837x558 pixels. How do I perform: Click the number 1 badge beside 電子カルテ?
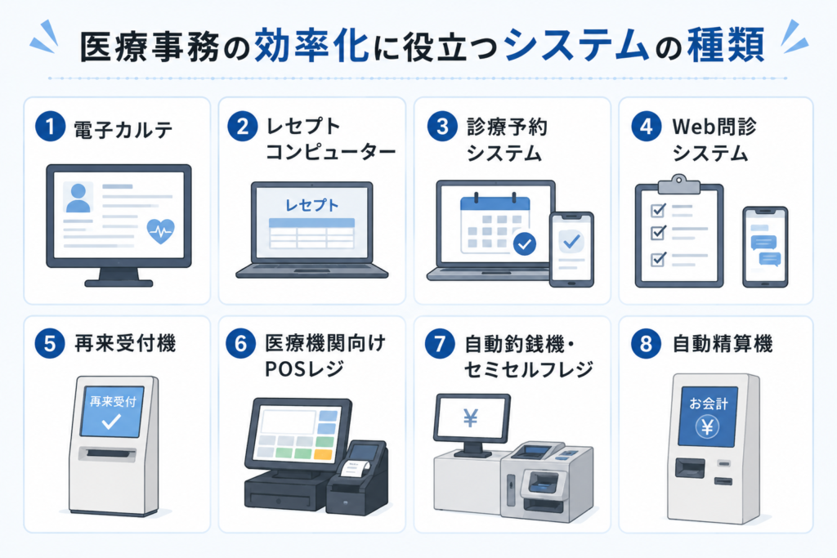click(x=50, y=127)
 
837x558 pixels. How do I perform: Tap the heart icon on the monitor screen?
click(x=161, y=231)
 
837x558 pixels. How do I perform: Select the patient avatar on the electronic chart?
click(x=78, y=198)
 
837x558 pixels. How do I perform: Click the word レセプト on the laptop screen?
click(x=311, y=205)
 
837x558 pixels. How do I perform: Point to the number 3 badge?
click(x=442, y=127)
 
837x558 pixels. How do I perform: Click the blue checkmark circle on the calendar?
click(x=525, y=243)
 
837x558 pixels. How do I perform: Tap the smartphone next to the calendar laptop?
click(x=571, y=250)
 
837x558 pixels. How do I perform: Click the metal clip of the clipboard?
click(x=678, y=184)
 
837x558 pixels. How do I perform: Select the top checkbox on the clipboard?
click(x=658, y=210)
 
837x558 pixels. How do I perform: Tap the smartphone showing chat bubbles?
click(x=765, y=247)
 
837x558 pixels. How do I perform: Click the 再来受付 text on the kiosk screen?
click(x=113, y=401)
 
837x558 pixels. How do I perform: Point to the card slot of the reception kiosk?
click(x=107, y=454)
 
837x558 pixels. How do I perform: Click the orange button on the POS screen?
click(x=322, y=454)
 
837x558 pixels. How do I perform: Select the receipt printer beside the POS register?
click(x=358, y=476)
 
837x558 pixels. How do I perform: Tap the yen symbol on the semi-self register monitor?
click(x=470, y=418)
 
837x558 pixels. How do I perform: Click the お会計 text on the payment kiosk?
click(x=708, y=404)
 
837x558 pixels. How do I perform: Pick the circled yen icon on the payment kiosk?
click(x=707, y=426)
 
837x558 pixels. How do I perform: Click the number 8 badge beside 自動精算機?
click(x=646, y=343)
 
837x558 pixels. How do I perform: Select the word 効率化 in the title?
click(x=311, y=45)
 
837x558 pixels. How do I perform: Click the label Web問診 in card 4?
click(x=714, y=127)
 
